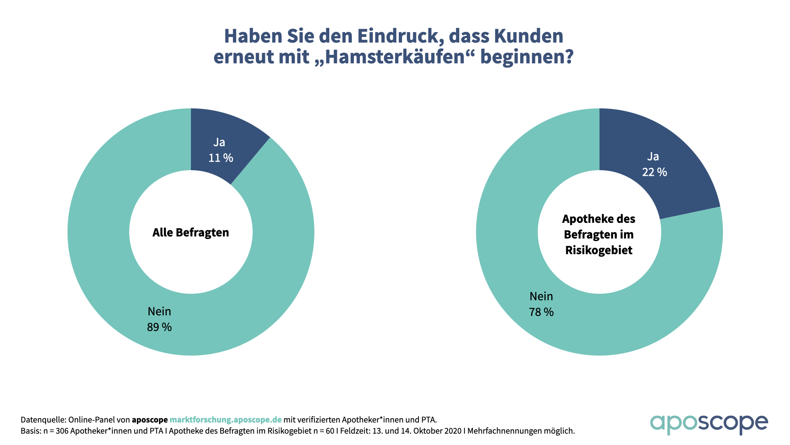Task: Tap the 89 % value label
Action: [x=159, y=327]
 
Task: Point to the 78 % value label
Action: [x=541, y=312]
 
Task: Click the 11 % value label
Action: [x=221, y=158]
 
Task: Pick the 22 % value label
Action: [x=654, y=172]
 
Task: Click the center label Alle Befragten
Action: [x=191, y=232]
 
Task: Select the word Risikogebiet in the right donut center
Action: [x=599, y=250]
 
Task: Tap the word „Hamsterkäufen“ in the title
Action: [x=394, y=57]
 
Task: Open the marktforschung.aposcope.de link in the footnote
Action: [x=225, y=420]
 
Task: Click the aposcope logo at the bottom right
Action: [x=709, y=424]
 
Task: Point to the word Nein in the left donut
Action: [x=159, y=311]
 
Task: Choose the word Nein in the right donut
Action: [x=541, y=296]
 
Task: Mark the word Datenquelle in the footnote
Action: [x=43, y=420]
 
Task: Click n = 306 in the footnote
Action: [x=56, y=431]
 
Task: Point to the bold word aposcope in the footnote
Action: [x=150, y=420]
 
